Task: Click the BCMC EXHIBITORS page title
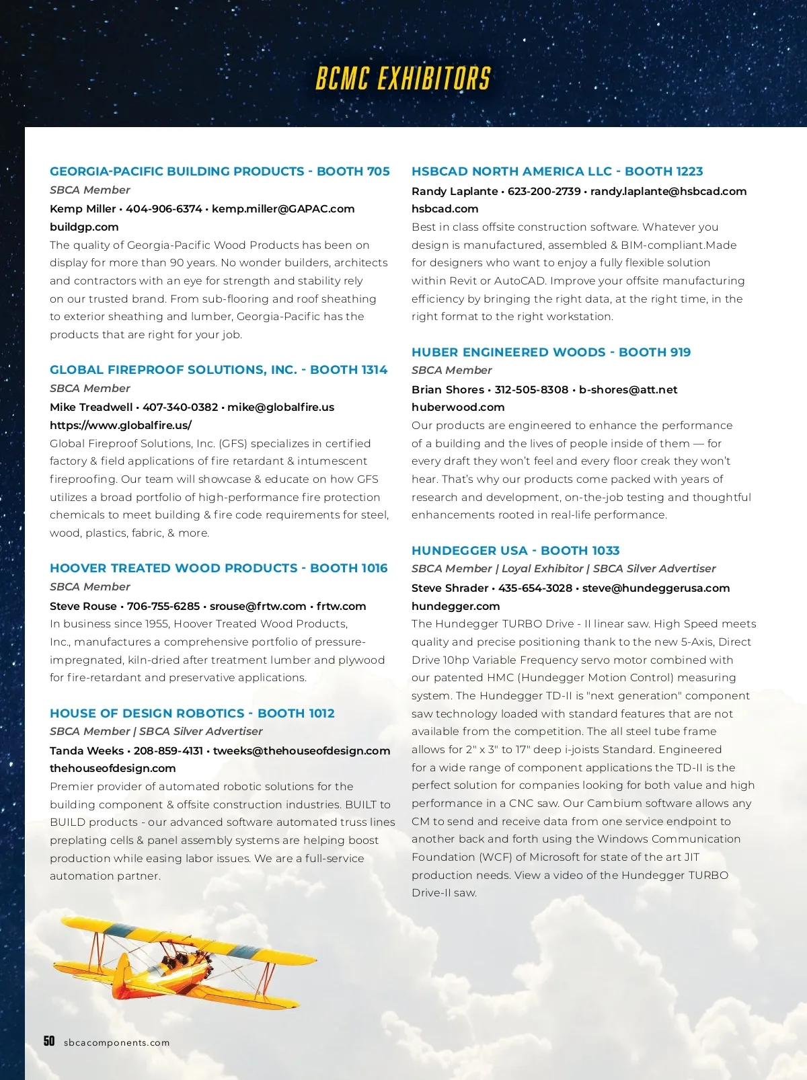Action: (x=403, y=79)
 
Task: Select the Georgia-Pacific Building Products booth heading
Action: (x=219, y=171)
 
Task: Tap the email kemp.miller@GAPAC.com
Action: (x=283, y=208)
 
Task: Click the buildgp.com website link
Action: (x=84, y=227)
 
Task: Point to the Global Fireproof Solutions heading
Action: (x=219, y=370)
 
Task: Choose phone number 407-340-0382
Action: (x=180, y=407)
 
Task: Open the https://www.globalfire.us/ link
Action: (x=120, y=425)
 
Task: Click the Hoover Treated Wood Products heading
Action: (x=219, y=568)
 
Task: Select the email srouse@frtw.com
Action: (x=258, y=606)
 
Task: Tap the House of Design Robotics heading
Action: (x=192, y=713)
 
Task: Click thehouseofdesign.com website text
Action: (x=112, y=768)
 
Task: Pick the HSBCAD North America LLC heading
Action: (x=557, y=171)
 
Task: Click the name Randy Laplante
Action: (x=455, y=191)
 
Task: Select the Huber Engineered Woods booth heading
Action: (x=551, y=352)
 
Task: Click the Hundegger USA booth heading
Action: (x=515, y=551)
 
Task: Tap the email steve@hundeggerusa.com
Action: (x=656, y=588)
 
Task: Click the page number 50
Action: (x=49, y=1041)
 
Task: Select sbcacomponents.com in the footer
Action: (x=117, y=1043)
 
